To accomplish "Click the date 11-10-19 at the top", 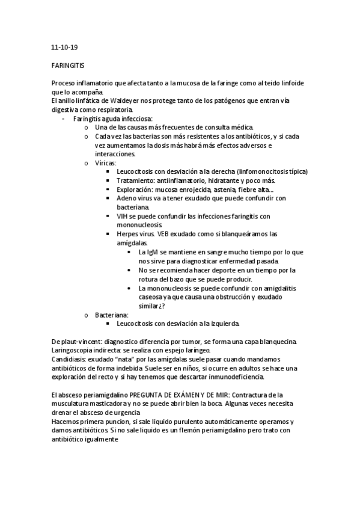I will pos(62,45).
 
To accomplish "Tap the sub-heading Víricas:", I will pos(106,163).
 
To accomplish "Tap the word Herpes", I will pos(129,233).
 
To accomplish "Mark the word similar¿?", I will pos(152,306).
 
